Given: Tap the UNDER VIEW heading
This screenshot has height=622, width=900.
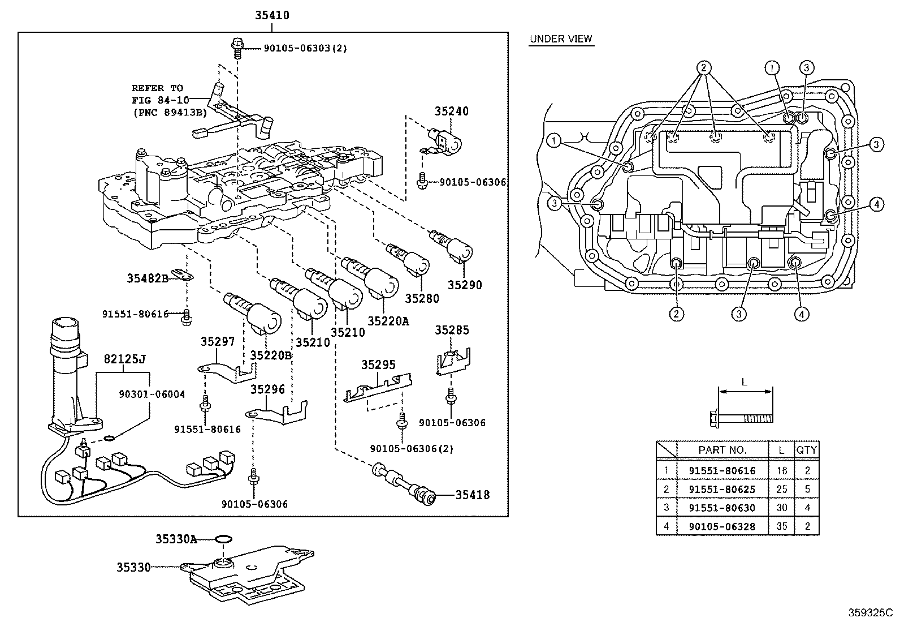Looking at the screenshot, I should (561, 39).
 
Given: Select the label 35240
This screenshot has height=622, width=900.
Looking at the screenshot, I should (451, 111).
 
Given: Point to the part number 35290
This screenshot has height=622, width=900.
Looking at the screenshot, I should (465, 285).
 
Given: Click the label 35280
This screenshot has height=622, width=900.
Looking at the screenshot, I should (422, 298).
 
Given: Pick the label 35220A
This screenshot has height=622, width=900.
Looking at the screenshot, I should (388, 321).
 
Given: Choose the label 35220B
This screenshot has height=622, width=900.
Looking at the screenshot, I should (271, 355).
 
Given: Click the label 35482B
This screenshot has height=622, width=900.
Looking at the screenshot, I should (148, 278).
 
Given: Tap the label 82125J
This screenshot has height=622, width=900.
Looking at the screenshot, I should (124, 359).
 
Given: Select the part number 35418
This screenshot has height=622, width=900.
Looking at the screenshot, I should (473, 495).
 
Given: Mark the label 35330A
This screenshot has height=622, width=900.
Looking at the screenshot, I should (176, 539).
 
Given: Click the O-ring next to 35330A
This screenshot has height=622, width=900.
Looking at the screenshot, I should (223, 539).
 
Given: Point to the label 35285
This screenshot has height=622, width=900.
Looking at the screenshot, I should (452, 330).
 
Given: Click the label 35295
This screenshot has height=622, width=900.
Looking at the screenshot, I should (378, 365).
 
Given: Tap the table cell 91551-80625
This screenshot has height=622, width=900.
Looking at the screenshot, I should (722, 489).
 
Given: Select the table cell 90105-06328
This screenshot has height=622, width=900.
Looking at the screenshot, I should (722, 526).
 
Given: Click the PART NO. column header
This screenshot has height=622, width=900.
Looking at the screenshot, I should (722, 450).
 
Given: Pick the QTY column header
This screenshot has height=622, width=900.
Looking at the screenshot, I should (807, 450).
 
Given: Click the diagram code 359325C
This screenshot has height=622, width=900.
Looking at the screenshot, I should (869, 613).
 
